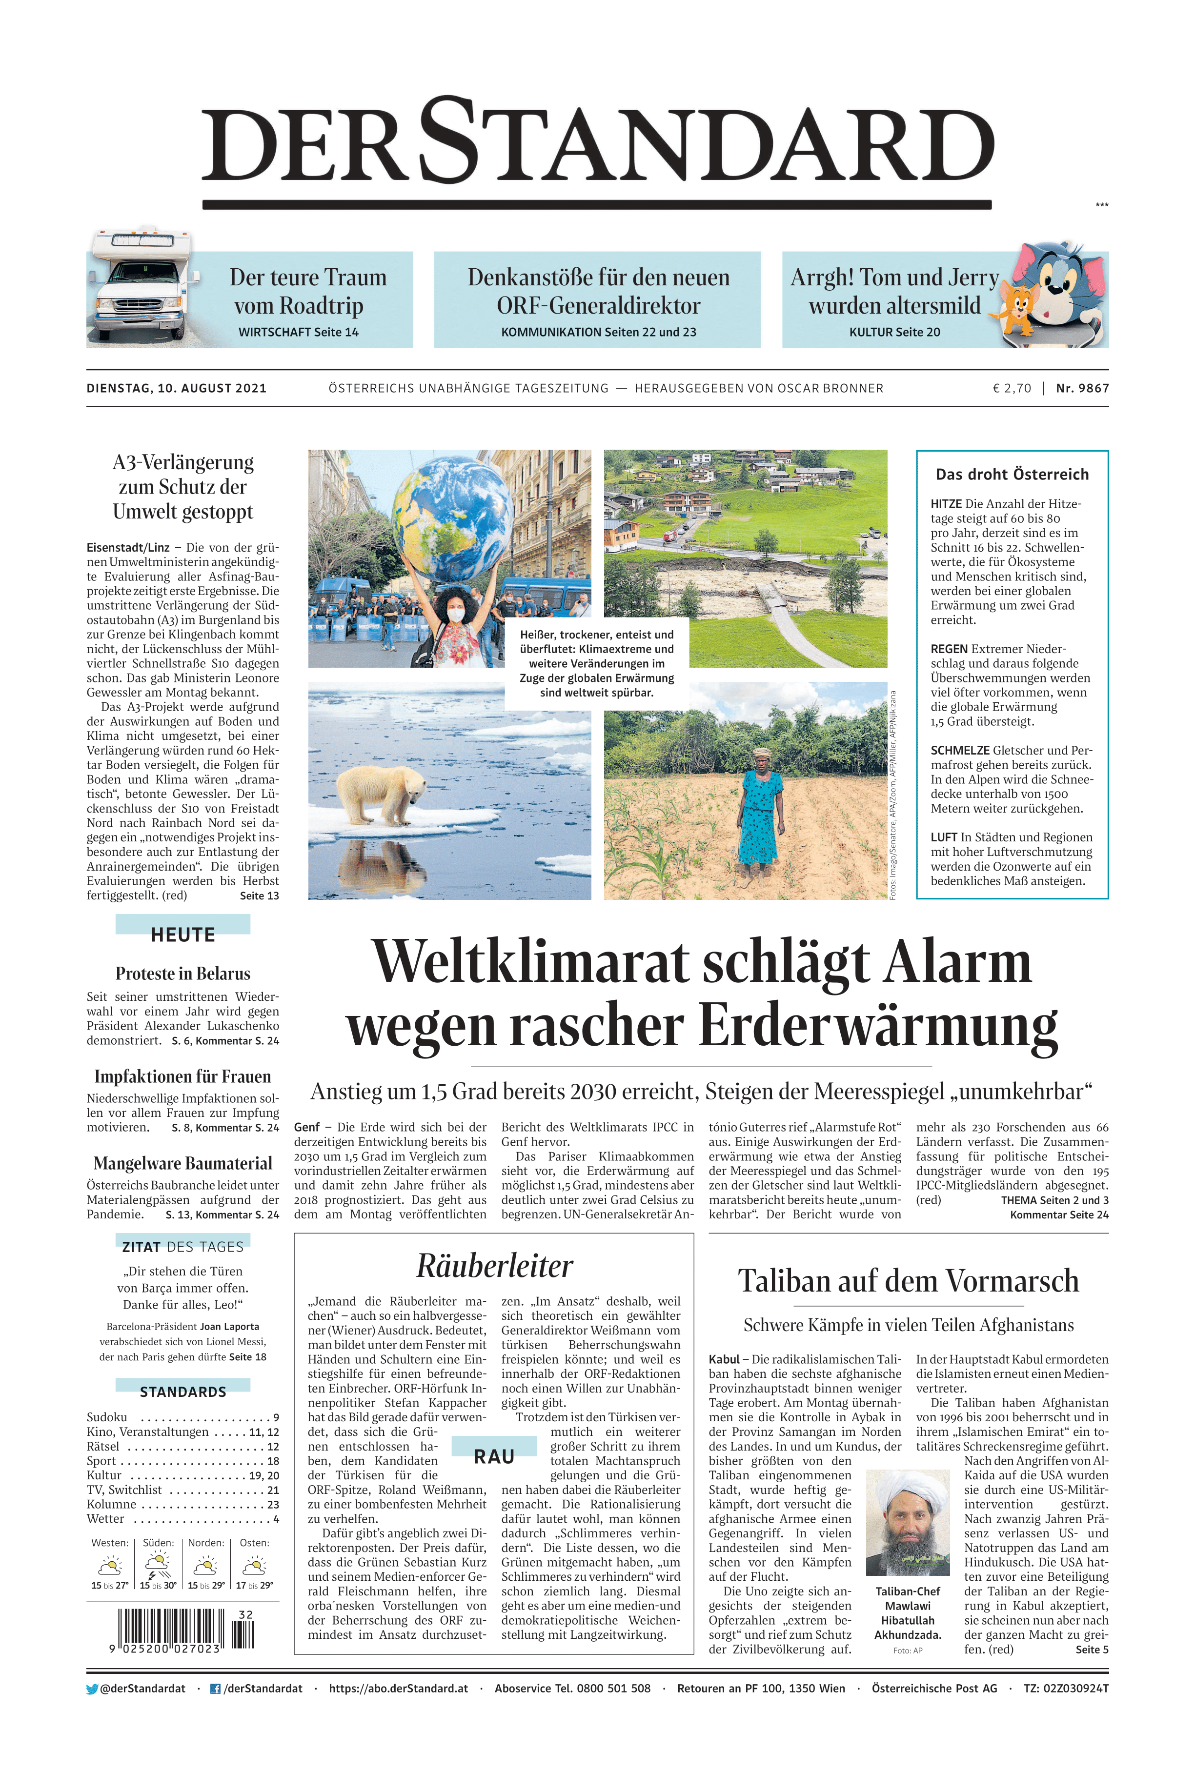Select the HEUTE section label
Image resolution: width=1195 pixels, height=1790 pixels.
183,935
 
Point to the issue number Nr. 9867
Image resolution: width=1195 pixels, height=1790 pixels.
1082,388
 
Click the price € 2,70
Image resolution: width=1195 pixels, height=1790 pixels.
1012,388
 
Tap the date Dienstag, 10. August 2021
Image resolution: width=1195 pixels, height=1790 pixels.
177,388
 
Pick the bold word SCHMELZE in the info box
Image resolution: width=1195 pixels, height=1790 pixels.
959,750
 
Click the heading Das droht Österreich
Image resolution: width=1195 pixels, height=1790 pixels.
1012,475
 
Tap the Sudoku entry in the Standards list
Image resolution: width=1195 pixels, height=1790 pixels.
107,1417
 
